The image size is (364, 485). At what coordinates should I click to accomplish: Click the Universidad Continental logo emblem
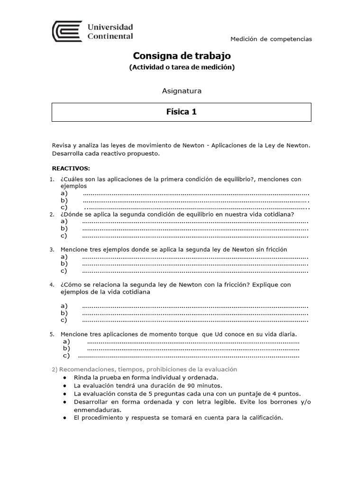[67, 32]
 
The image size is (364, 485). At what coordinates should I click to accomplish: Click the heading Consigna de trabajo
[182, 56]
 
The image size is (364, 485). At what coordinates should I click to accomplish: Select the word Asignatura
[182, 91]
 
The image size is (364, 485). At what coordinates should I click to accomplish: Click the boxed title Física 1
[181, 112]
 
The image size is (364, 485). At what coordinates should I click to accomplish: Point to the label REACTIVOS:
[70, 168]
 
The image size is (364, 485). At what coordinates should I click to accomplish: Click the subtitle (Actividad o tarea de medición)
[182, 67]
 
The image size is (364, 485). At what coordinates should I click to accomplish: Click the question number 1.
[52, 180]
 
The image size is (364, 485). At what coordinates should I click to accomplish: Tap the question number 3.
[52, 249]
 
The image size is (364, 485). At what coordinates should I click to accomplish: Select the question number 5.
[52, 334]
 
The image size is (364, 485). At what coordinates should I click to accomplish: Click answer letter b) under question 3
[64, 264]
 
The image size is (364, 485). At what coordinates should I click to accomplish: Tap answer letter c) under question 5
[66, 356]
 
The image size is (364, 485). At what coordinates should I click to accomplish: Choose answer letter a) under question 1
[64, 193]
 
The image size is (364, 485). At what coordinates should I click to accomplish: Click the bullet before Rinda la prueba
[64, 377]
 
